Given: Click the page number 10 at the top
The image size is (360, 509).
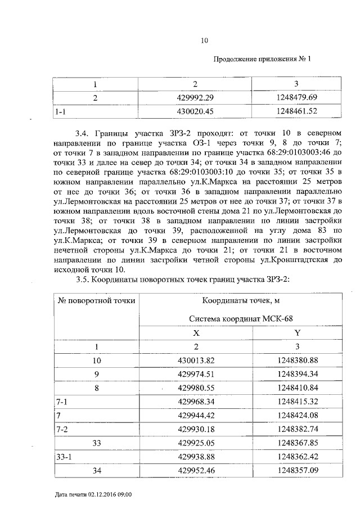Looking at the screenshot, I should coord(204,40).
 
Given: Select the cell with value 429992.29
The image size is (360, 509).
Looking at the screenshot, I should coord(196,98).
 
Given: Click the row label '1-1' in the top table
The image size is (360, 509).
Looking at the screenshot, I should coord(60,112).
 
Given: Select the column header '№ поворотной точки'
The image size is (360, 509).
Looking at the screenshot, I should coord(96,300).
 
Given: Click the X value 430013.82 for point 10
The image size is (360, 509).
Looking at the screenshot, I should coord(196,360).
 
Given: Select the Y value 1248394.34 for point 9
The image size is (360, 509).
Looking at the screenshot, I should coord(298,373).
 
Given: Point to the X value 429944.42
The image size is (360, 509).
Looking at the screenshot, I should coord(196,416).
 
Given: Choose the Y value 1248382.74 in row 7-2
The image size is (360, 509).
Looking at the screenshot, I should coord(298,429).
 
